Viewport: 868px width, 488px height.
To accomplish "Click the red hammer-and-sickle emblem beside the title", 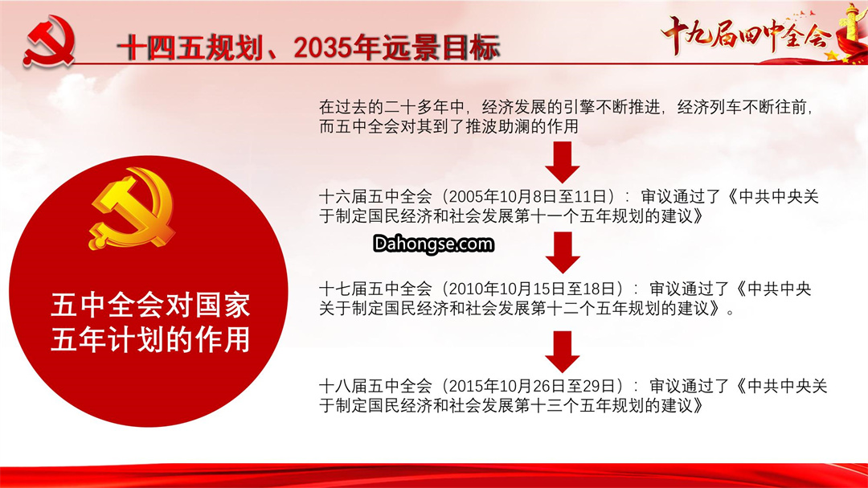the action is tap(49, 41).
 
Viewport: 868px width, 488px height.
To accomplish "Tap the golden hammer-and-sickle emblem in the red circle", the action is tap(132, 208).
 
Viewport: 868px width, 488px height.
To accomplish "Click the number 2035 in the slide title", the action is tap(323, 47).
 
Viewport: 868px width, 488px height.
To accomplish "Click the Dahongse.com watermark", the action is tap(433, 244).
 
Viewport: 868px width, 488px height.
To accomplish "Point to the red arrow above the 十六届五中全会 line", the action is tap(563, 162).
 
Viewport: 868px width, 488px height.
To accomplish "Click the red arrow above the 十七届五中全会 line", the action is tap(563, 252).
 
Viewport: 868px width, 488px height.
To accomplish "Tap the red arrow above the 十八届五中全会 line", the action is tap(563, 352).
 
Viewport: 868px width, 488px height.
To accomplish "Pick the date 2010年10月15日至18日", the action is tap(535, 289).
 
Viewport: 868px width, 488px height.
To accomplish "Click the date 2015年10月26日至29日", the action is tap(535, 386).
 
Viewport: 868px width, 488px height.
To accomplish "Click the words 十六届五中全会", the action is tap(375, 197).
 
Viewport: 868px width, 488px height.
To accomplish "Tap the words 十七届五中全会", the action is tap(375, 289).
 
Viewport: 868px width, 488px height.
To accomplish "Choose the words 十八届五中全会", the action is tap(375, 386).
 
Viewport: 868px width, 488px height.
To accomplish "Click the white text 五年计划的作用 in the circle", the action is tap(150, 339).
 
